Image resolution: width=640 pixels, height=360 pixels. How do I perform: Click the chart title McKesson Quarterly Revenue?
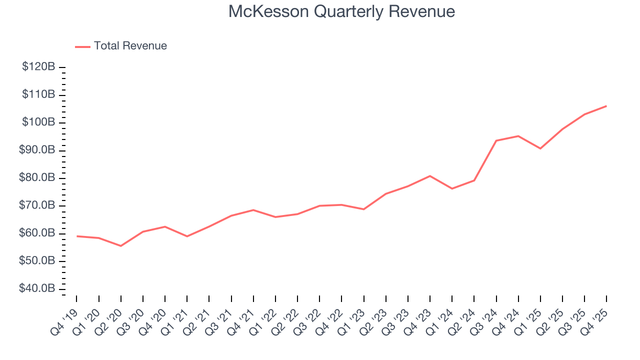click(341, 11)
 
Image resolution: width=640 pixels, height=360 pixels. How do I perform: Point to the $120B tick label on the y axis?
click(38, 67)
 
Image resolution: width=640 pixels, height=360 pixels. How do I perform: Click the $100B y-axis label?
click(38, 122)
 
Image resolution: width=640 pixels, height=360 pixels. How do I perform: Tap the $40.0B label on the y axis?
click(37, 289)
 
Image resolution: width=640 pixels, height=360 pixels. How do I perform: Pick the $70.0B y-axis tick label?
click(37, 205)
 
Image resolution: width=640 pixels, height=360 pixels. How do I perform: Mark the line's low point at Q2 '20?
click(120, 246)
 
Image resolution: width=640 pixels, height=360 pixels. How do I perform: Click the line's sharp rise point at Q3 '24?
click(496, 140)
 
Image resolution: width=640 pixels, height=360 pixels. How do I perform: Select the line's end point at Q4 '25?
click(606, 106)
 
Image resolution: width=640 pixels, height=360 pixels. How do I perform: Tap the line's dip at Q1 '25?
click(540, 148)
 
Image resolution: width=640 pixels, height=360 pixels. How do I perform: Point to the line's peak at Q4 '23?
click(430, 176)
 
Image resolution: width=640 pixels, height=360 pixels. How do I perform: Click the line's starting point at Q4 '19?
click(76, 236)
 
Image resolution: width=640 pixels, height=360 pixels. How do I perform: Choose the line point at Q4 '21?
click(253, 210)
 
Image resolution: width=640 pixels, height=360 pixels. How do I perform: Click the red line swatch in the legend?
click(82, 46)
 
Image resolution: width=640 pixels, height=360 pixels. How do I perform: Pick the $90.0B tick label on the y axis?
click(37, 150)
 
